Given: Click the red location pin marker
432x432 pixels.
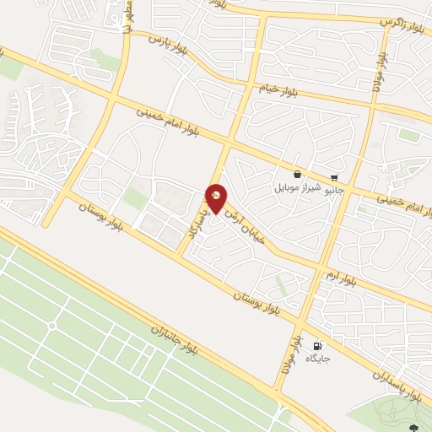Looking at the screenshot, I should point(216,197).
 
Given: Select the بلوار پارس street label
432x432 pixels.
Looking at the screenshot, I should point(168,40).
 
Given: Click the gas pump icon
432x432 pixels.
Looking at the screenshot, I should point(317,346).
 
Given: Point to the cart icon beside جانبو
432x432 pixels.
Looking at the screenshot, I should point(335,178).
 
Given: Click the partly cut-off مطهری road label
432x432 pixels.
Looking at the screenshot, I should point(128,17).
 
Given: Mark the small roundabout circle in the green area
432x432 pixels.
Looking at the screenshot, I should point(52,325).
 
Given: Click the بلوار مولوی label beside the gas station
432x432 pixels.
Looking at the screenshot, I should point(292,354).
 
